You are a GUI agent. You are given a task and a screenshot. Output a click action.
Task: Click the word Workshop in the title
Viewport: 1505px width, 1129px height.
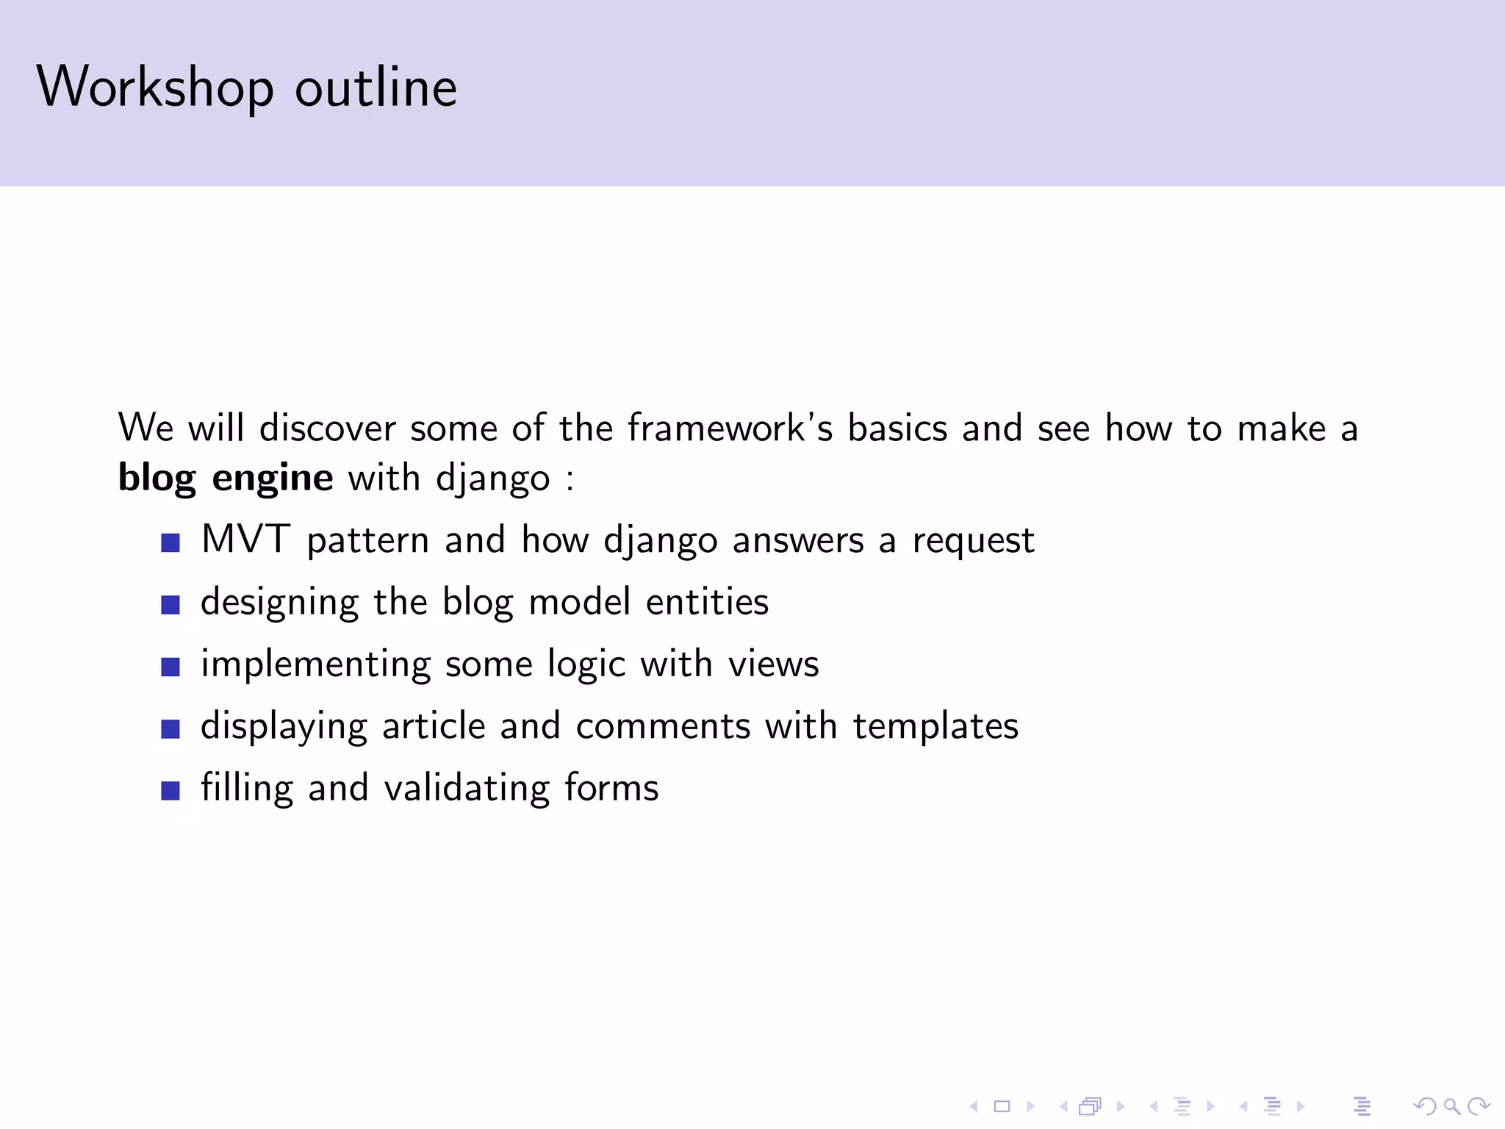[x=155, y=87]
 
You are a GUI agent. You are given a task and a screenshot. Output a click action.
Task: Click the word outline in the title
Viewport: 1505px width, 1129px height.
[x=376, y=87]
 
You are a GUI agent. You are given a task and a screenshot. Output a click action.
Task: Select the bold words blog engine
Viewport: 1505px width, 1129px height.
[x=226, y=478]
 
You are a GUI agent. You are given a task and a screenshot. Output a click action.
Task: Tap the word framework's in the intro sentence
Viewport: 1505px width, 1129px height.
[x=730, y=428]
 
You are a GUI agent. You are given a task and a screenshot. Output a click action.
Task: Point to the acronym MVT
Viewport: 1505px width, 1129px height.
[x=245, y=540]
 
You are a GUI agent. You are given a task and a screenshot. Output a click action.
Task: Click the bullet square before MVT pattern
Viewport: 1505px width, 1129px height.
[x=170, y=543]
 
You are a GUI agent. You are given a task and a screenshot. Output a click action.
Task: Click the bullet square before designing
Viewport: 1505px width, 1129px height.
[x=170, y=605]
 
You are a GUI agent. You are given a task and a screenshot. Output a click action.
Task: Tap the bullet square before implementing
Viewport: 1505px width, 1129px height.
[x=170, y=667]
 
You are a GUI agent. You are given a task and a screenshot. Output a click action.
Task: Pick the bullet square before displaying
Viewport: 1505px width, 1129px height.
[x=170, y=728]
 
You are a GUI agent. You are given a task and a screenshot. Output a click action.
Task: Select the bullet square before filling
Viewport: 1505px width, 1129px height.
[x=170, y=791]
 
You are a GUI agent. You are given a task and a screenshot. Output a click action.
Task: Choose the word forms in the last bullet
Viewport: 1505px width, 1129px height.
[x=611, y=788]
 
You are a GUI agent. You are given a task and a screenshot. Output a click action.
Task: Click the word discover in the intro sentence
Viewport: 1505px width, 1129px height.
[x=328, y=428]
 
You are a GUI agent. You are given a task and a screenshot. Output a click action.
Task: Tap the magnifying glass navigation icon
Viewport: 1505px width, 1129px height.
[x=1451, y=1105]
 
